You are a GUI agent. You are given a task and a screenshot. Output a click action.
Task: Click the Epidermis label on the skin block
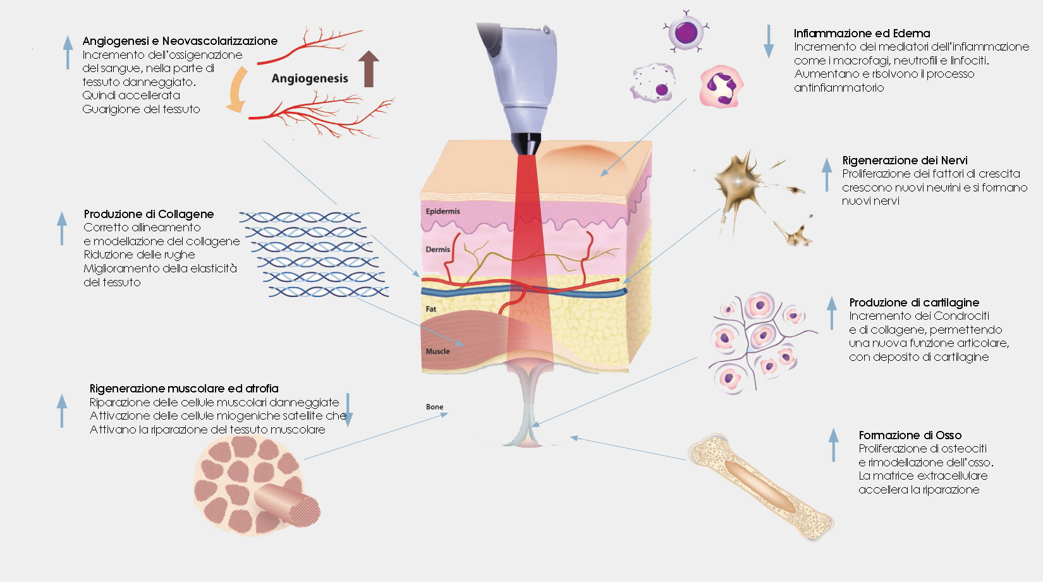coord(442,212)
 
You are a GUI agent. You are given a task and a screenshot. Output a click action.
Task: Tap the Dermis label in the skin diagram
coord(437,250)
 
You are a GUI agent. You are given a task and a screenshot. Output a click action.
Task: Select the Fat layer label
coord(430,308)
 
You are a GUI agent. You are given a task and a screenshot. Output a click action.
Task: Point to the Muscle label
coord(437,351)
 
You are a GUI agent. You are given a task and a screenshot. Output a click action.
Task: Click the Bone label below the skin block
coord(434,406)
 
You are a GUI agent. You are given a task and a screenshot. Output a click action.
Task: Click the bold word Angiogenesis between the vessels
coord(310,78)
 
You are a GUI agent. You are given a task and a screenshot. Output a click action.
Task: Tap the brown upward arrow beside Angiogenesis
coord(369,69)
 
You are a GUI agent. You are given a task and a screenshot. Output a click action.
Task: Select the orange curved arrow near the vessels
coord(237,89)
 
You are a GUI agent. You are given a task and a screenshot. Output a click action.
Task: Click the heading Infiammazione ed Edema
coord(862,33)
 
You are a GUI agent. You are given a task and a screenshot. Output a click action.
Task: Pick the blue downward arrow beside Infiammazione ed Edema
coord(769,42)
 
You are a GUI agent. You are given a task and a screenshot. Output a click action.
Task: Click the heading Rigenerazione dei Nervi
coord(905,161)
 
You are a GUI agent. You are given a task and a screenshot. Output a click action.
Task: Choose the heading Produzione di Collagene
coord(149,214)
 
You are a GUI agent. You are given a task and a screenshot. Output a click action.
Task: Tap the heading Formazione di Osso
coord(910,435)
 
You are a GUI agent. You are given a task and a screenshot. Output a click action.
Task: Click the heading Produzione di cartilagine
coord(914,303)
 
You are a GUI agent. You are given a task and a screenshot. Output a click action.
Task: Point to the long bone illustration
coord(761,487)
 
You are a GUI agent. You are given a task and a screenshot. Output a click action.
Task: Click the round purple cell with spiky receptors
coord(686,33)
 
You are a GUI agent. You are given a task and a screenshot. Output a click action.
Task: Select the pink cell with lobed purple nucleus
coord(721,87)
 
